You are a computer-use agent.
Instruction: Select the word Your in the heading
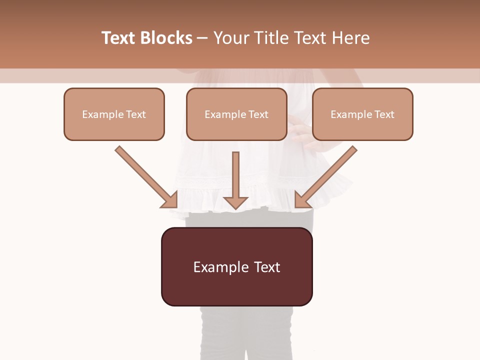coord(231,38)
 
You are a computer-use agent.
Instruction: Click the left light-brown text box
coord(114,114)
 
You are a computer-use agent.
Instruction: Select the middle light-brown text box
coord(236,114)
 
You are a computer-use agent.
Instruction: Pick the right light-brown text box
coord(362,114)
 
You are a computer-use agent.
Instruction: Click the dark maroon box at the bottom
coord(236,266)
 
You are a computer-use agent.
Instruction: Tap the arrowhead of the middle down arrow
coord(235,202)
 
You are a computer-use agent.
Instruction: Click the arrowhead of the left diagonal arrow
coord(170,200)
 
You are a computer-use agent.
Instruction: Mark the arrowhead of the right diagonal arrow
coord(302,200)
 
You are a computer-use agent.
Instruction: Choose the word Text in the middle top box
coord(258,114)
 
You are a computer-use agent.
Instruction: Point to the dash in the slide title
coord(202,38)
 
